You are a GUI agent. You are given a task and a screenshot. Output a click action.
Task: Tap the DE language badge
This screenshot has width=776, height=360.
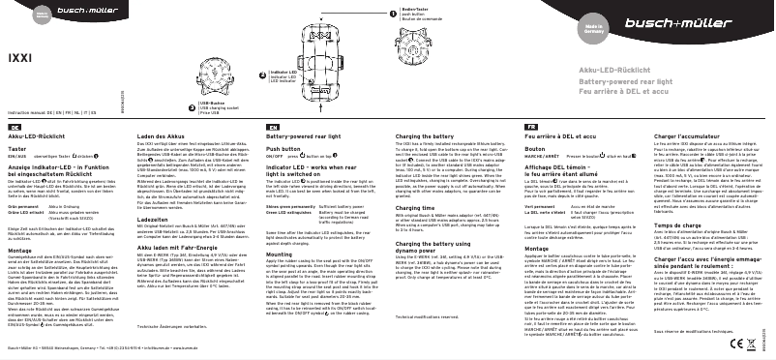pos(14,155)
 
